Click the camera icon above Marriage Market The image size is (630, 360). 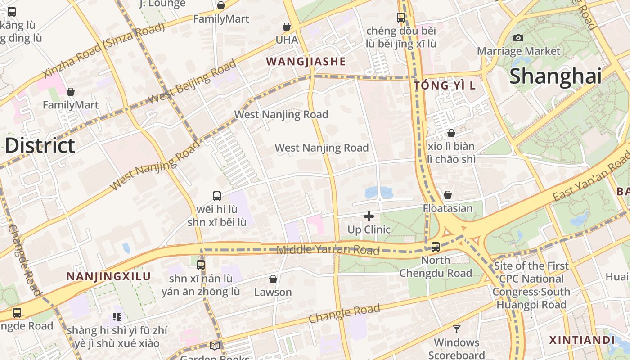coord(518,38)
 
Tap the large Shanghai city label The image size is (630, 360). coord(555,76)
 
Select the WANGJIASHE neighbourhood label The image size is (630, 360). coord(306,62)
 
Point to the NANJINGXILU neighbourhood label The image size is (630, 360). coord(108,276)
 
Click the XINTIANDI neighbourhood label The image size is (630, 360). coord(582,340)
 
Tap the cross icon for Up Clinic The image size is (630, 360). coord(369,216)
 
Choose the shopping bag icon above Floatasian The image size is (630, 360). coord(448,195)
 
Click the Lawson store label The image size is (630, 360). coord(273,292)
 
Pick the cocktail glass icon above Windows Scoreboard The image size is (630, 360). coord(457,329)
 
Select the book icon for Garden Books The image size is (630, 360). coord(215,346)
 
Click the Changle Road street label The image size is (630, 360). coord(344,314)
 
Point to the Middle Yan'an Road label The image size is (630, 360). coord(328,250)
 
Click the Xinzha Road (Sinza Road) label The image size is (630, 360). coord(103,50)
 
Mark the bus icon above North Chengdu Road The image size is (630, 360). coord(436,247)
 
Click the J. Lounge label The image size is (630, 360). coord(162,4)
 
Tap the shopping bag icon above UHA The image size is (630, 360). coord(287,27)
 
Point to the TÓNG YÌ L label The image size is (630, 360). coord(444,85)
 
